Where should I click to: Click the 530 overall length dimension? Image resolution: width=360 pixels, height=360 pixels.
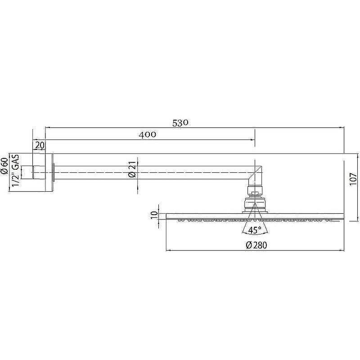(180, 123)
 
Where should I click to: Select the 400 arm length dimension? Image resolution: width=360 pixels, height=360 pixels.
(148, 134)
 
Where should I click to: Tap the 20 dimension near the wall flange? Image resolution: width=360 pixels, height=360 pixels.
(40, 145)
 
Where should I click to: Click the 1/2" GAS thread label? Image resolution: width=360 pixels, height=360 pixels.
(16, 171)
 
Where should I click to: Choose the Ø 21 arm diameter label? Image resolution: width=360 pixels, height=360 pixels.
(132, 171)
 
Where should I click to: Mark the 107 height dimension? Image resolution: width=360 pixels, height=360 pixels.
(353, 179)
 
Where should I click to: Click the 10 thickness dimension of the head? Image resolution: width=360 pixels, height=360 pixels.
(154, 215)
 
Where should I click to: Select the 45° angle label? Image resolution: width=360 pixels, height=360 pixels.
(255, 230)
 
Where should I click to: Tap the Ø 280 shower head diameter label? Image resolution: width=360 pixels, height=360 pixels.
(256, 245)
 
